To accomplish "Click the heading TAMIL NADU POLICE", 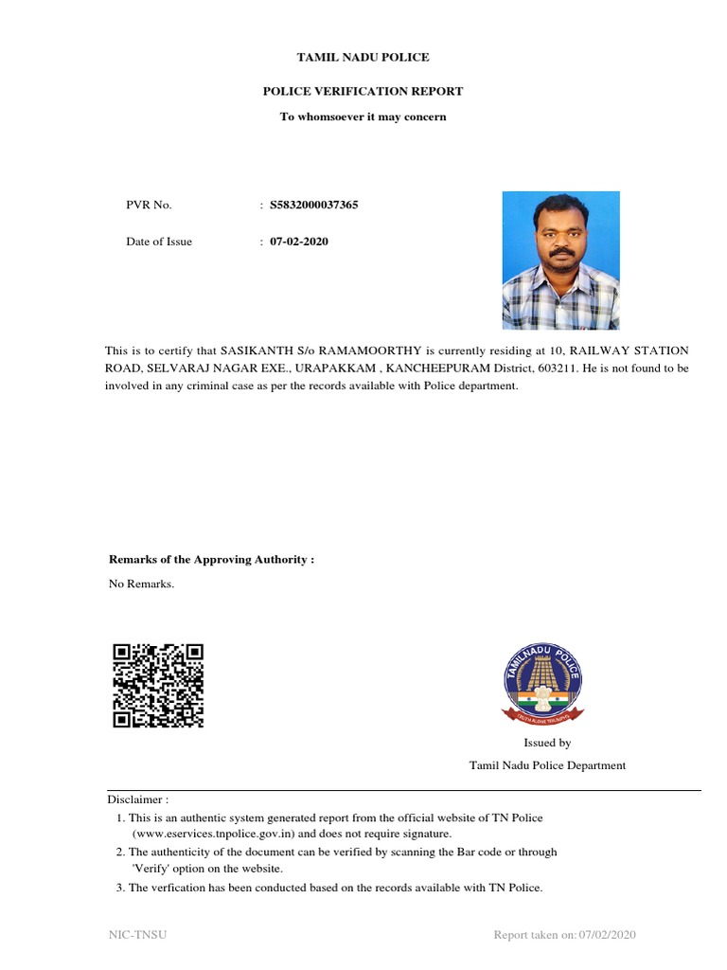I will tap(363, 58).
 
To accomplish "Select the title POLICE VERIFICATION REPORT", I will tap(363, 91).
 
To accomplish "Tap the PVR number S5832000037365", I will tap(314, 205).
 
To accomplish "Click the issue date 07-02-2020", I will tap(299, 242).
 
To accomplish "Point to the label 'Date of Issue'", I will tap(159, 242).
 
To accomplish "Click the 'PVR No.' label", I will tap(149, 205).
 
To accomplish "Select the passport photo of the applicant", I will tap(560, 260).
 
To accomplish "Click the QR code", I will tap(158, 685).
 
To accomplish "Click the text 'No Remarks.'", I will tap(142, 584).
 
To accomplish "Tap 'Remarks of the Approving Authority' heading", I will tap(211, 560).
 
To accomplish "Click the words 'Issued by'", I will tap(547, 743).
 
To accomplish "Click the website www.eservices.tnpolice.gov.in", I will tap(216, 834).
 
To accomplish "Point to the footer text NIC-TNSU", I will tap(138, 936).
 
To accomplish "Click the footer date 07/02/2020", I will tap(608, 936).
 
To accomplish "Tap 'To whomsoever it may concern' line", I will tap(363, 117).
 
